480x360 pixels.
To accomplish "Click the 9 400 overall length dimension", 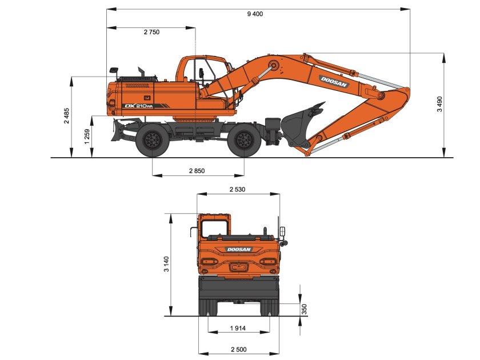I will coord(255,14).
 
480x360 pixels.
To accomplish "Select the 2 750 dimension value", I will coord(151,32).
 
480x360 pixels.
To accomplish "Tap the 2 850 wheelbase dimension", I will coord(197,171).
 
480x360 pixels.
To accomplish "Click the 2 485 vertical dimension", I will coord(67,116).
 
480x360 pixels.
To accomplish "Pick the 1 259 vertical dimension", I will coord(87,136).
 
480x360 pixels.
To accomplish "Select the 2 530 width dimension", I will coord(238,189).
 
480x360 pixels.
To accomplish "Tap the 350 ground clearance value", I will coord(305,309).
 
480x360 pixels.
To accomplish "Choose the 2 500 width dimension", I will coord(238,349).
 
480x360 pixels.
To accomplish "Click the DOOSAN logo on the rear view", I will coord(239,249).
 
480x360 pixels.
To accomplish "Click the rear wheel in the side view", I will coord(152,140).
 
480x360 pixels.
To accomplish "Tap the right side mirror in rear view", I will coord(283,233).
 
